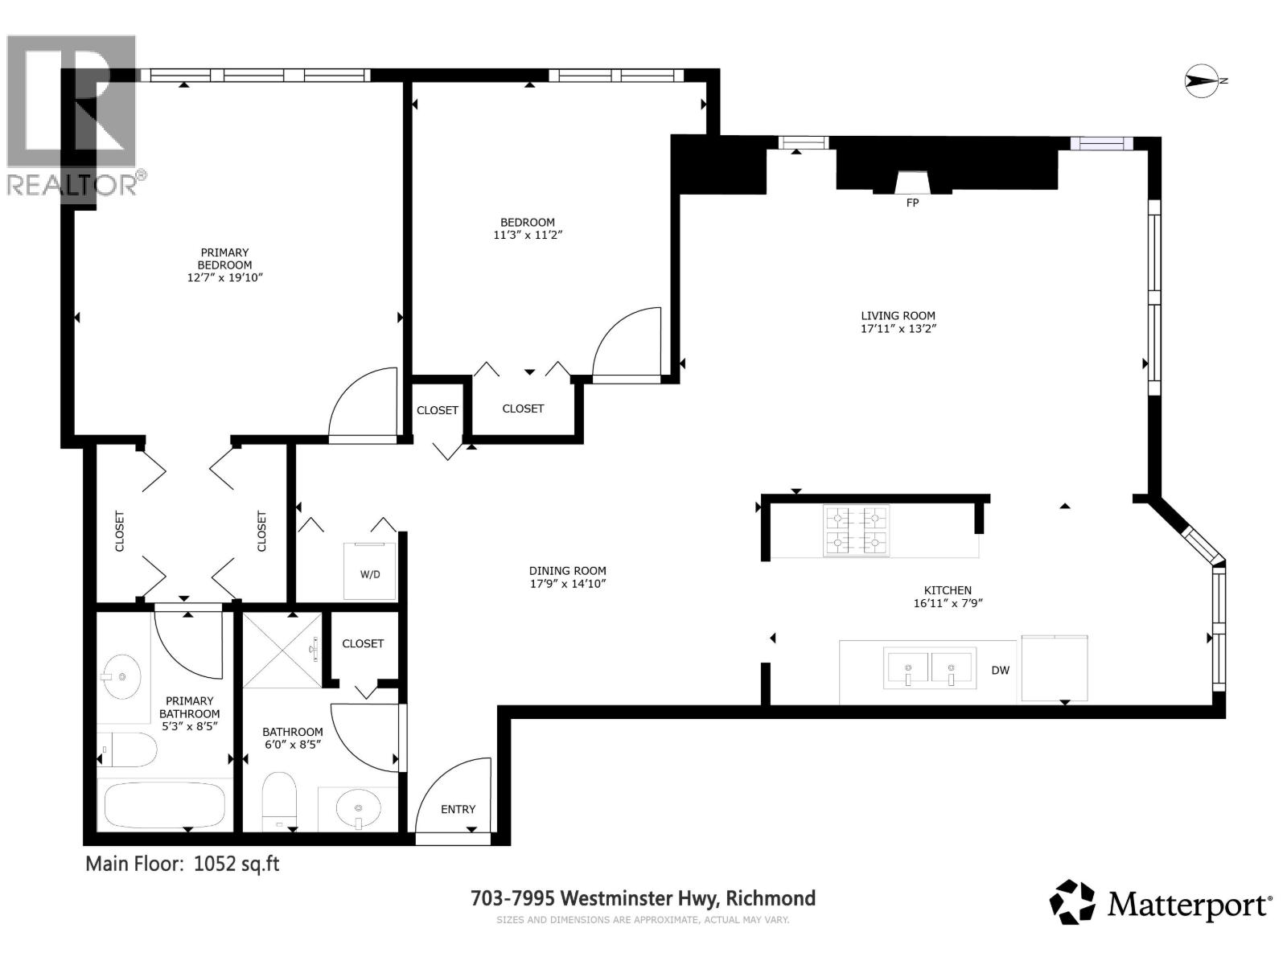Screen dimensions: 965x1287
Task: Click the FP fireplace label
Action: click(912, 203)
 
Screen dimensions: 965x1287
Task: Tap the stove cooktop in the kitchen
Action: click(856, 531)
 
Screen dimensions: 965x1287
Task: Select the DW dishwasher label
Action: click(1000, 670)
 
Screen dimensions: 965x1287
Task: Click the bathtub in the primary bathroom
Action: click(165, 805)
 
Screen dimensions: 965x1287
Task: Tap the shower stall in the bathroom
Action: click(282, 650)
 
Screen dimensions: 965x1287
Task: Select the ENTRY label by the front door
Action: click(458, 809)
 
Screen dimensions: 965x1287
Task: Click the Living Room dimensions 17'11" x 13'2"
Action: click(898, 329)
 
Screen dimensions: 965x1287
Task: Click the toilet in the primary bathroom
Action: click(129, 750)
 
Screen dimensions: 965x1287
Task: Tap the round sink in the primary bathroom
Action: click(122, 675)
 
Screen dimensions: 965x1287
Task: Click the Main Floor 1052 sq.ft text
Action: click(183, 864)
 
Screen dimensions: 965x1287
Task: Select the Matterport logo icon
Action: click(1073, 901)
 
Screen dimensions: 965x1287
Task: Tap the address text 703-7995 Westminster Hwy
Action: click(643, 898)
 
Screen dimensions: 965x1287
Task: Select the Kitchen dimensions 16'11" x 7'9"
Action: click(948, 603)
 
